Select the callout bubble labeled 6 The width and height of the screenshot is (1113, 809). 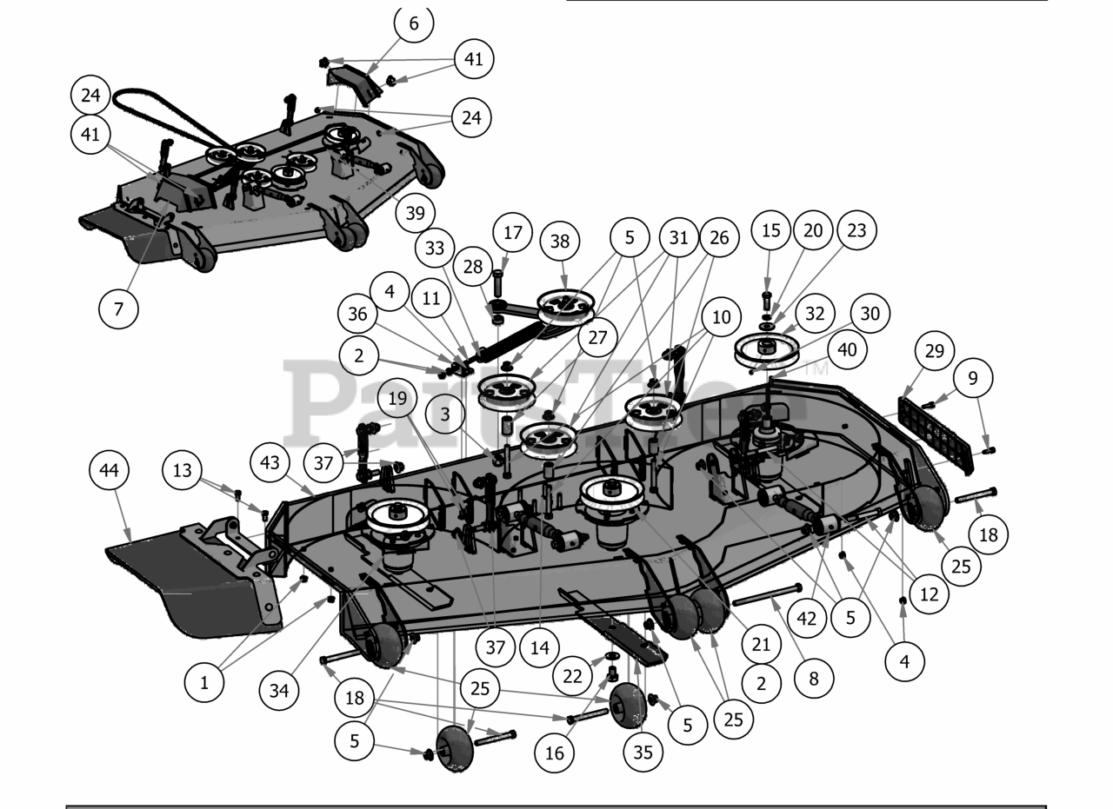pos(414,23)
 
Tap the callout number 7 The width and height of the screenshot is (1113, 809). pos(118,308)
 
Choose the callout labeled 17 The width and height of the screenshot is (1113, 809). pos(513,233)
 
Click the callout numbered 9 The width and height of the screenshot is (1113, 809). pos(973,378)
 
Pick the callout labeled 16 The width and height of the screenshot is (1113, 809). pos(555,753)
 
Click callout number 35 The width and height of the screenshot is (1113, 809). pos(643,753)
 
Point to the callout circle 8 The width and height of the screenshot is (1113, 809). pos(814,678)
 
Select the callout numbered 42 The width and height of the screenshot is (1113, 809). pos(809,619)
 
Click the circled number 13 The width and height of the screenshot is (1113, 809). pos(183,471)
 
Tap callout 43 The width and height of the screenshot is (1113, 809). pos(270,463)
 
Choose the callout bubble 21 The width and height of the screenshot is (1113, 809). pos(762,645)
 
